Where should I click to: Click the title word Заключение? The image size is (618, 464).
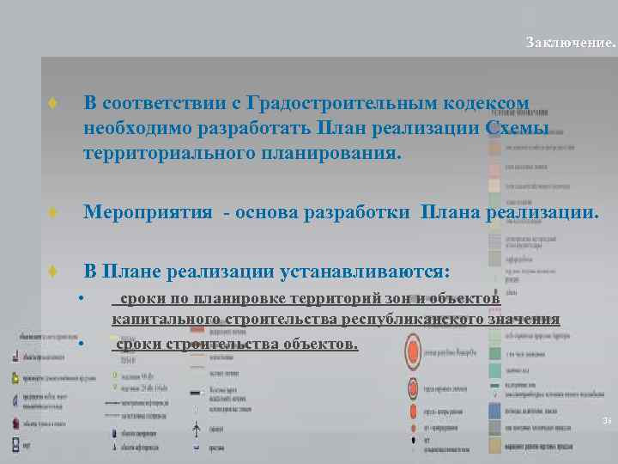pyautogui.click(x=570, y=42)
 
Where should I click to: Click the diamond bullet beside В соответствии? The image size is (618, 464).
pyautogui.click(x=53, y=103)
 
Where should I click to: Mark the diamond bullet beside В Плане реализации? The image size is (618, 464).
pyautogui.click(x=53, y=272)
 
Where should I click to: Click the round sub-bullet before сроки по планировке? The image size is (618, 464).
pyautogui.click(x=79, y=298)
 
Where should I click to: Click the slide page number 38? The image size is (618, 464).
pyautogui.click(x=606, y=421)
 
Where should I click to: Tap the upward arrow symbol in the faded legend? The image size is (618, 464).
pyautogui.click(x=197, y=427)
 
